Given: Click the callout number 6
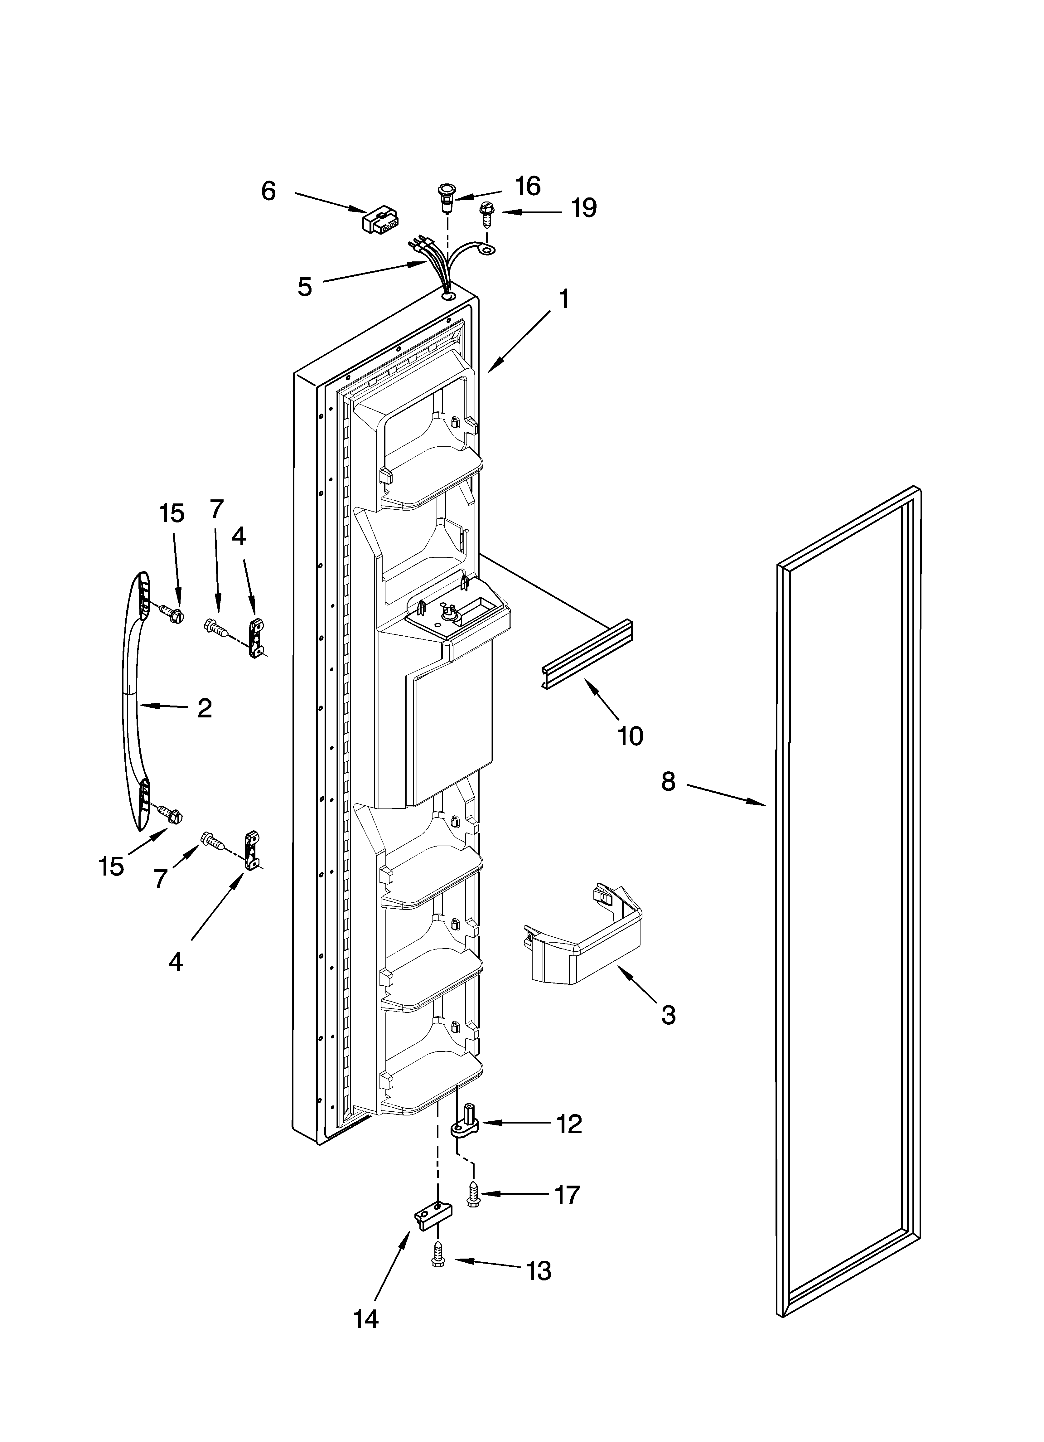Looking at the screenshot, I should (269, 191).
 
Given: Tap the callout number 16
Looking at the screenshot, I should (527, 186).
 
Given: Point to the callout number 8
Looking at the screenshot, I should (668, 781).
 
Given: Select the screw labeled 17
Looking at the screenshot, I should (474, 1195).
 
